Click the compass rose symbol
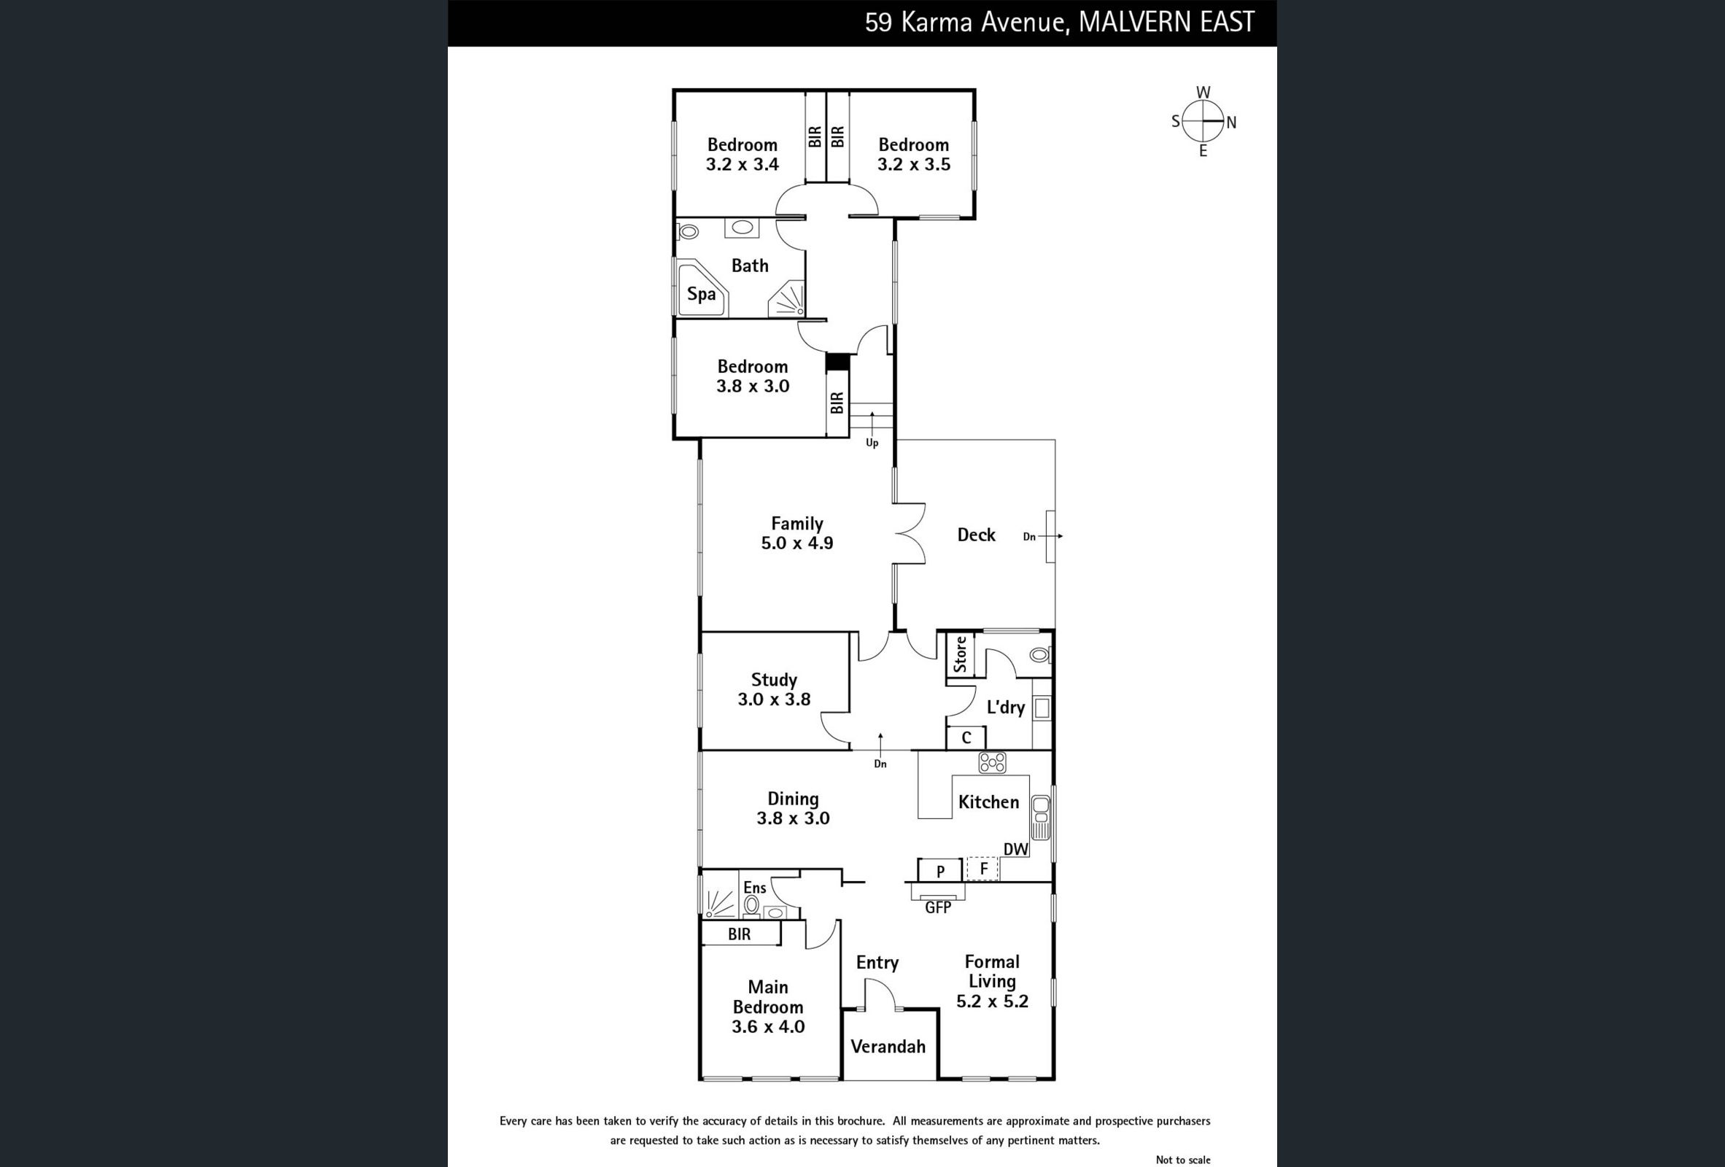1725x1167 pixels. (x=1203, y=122)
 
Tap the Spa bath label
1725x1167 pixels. (x=701, y=294)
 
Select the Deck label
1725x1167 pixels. (x=975, y=535)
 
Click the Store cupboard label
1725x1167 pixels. (x=960, y=655)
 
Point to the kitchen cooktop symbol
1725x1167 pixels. (x=992, y=762)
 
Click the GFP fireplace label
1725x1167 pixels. (x=937, y=907)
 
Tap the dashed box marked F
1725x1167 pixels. (x=982, y=869)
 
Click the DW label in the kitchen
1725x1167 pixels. (x=1015, y=849)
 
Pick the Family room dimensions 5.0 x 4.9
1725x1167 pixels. (x=796, y=543)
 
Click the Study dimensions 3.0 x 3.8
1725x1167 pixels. (x=773, y=699)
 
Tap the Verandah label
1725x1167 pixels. (x=888, y=1047)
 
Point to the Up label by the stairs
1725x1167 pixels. (x=872, y=443)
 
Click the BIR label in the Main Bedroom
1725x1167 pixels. (x=739, y=934)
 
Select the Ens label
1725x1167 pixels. (x=754, y=888)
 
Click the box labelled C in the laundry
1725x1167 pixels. (x=966, y=738)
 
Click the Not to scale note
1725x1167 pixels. (x=1182, y=1160)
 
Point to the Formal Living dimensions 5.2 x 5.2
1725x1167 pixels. (x=992, y=1001)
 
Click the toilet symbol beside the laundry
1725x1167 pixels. (x=1039, y=655)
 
